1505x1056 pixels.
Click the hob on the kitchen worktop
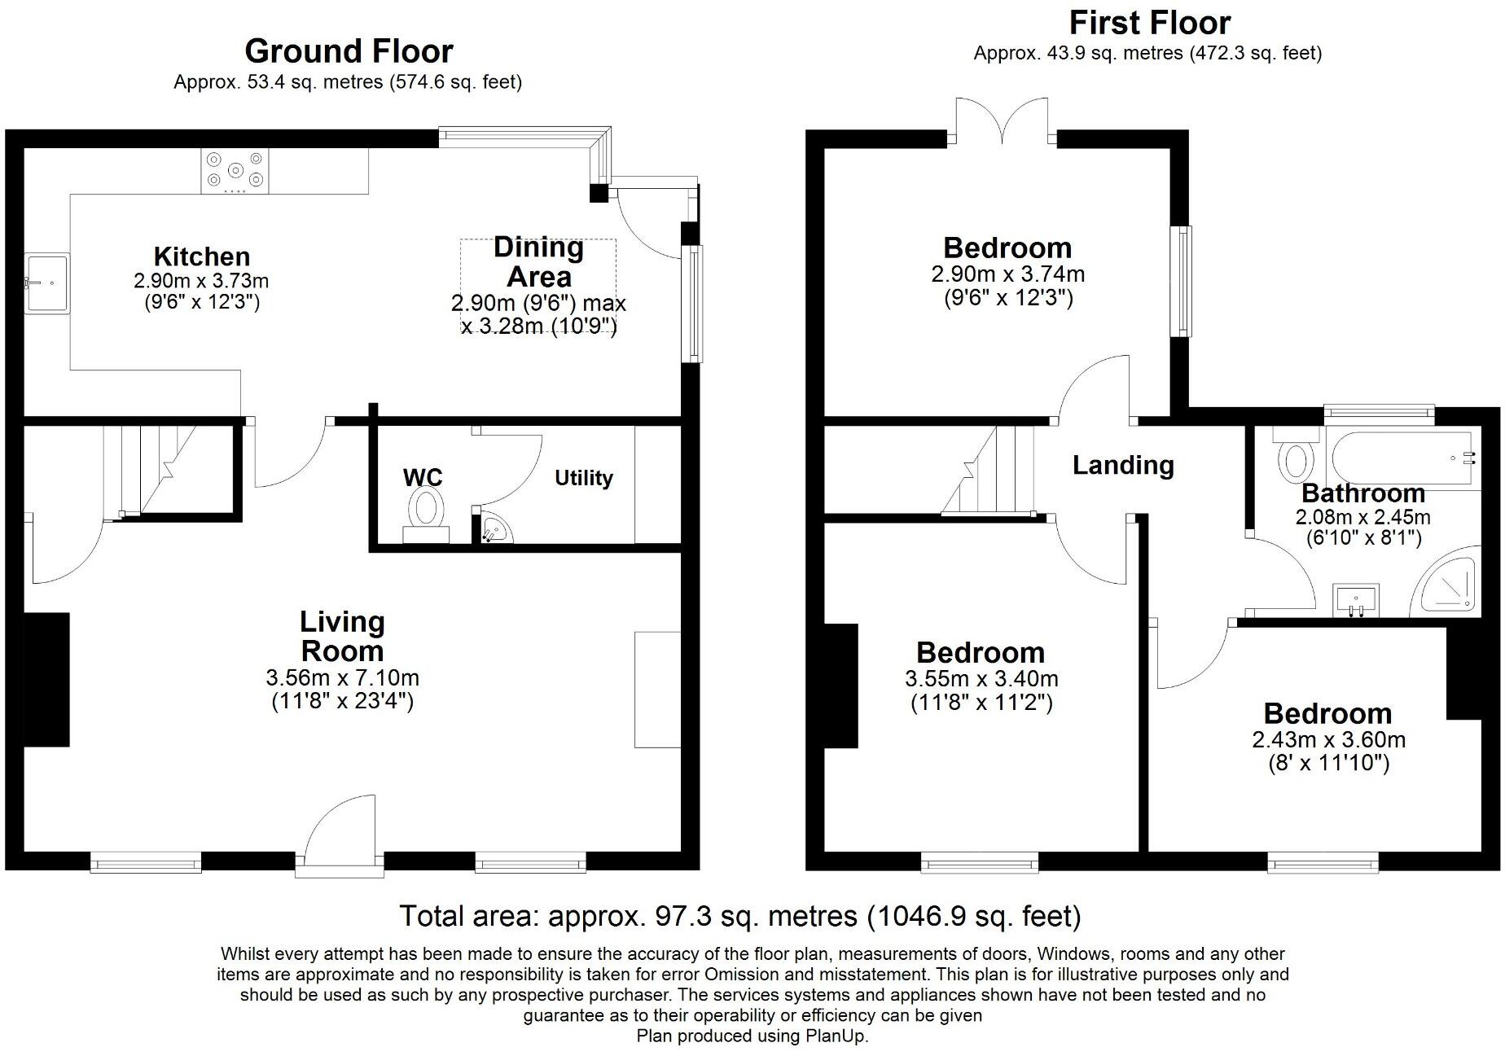point(235,172)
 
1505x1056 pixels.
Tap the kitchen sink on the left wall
point(47,283)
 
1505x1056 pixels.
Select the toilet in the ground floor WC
point(426,513)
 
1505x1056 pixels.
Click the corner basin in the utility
point(494,530)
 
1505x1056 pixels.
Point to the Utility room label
point(583,478)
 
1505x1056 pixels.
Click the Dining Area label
point(538,261)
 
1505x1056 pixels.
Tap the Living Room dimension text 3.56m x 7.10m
point(342,677)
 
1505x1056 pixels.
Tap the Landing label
point(1122,465)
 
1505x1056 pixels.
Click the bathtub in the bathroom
point(1401,458)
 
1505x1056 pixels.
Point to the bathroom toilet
point(1296,458)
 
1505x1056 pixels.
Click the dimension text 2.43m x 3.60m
point(1328,740)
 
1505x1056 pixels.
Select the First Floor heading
point(1149,23)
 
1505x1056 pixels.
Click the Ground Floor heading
point(349,51)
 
